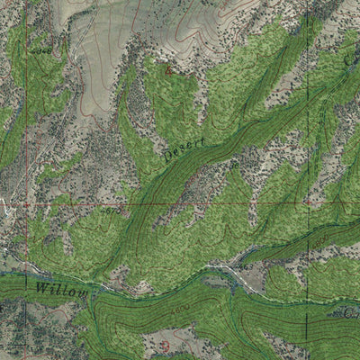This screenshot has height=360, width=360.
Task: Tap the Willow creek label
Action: pos(62,292)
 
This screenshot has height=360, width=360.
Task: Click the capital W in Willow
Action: pos(43,290)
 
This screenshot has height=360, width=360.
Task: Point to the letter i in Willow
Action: pos(56,291)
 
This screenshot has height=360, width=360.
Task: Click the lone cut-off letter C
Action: pos(351,56)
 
